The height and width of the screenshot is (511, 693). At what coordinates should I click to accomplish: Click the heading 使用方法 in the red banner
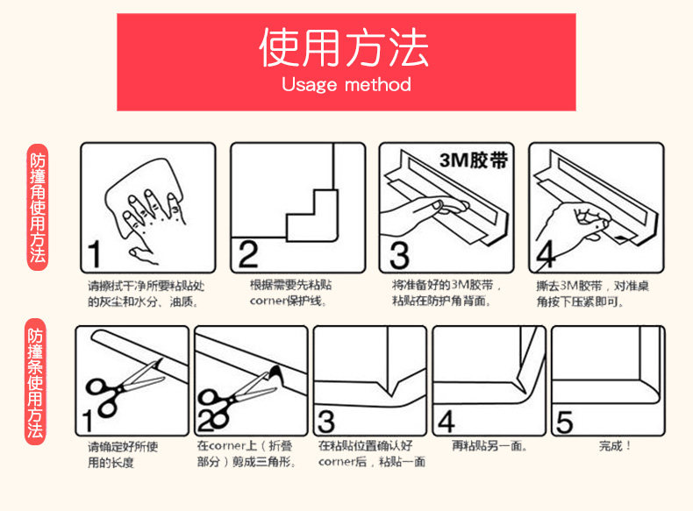tap(343, 47)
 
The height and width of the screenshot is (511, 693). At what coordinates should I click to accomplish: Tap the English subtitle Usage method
tap(346, 84)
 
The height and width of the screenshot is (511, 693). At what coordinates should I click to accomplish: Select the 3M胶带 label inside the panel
tap(474, 160)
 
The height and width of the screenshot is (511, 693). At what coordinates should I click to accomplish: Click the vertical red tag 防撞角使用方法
tap(38, 207)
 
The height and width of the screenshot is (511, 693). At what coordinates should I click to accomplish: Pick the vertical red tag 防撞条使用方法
tap(35, 382)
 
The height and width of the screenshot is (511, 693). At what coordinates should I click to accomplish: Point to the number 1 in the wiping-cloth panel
tap(94, 254)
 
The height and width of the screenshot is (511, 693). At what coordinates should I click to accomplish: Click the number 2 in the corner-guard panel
tap(248, 254)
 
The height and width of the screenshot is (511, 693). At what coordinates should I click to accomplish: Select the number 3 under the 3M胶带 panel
tap(399, 255)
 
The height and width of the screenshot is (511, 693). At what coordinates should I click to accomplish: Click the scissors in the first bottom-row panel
tap(124, 388)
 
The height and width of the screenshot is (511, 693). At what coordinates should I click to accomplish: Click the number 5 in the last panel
tap(564, 422)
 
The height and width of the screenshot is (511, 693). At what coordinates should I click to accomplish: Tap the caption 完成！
tap(614, 445)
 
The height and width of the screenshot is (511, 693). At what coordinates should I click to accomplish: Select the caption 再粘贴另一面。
tap(489, 445)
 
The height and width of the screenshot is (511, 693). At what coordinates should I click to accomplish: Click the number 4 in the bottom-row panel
tap(446, 422)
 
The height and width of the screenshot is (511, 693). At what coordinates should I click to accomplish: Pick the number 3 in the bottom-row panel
tap(326, 422)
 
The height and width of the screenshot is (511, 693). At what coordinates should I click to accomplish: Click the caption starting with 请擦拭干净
tap(146, 294)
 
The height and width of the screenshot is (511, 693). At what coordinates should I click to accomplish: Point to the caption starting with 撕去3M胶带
tap(592, 294)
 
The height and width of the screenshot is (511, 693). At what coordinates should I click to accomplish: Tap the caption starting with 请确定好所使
tap(123, 455)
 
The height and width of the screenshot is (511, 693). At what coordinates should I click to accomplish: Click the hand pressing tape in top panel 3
tap(420, 216)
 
